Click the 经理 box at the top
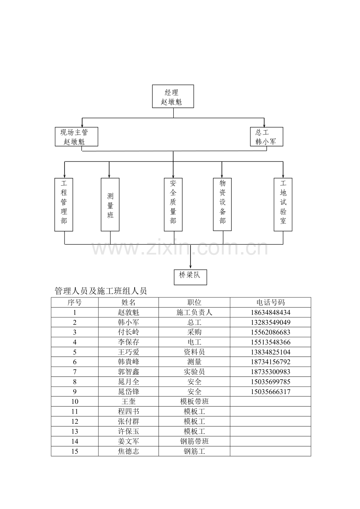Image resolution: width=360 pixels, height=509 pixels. (173, 96)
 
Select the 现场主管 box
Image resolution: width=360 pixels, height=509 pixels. (76, 136)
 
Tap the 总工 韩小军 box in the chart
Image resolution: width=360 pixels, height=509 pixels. (266, 136)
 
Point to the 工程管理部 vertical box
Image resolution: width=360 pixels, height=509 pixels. (64, 204)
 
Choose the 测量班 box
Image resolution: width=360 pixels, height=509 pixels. (110, 204)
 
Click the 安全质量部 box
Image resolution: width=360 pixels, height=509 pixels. (173, 204)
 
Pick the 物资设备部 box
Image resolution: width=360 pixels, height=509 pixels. (222, 204)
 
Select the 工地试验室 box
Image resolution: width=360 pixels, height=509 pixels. (283, 204)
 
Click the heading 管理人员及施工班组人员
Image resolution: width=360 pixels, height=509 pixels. (101, 291)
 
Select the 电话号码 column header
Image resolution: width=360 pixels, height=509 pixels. (270, 303)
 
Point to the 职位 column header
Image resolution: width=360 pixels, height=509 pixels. (194, 303)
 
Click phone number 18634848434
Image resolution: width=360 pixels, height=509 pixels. (270, 313)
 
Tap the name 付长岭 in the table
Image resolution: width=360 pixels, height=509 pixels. (128, 332)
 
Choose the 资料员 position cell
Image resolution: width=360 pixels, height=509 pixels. (194, 352)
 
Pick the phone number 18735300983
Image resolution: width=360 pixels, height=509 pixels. (270, 372)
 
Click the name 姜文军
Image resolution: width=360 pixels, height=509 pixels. (128, 441)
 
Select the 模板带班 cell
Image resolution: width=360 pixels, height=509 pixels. (194, 401)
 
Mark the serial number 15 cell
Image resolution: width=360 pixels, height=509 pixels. (74, 451)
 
